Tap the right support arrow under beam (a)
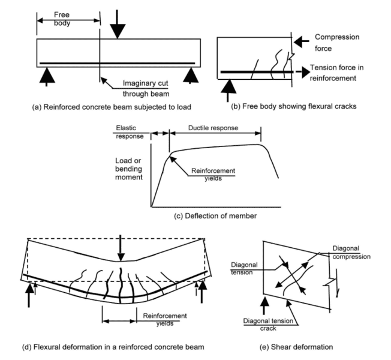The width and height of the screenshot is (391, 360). pos(191,76)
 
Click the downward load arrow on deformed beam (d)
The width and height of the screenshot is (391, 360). pos(121,247)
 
